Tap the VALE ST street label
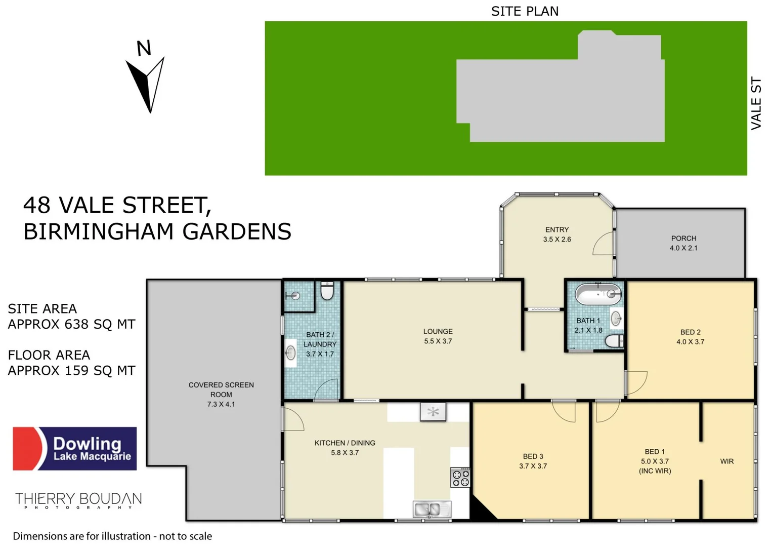click(x=756, y=103)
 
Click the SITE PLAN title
click(x=525, y=11)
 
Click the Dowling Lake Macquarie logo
click(x=75, y=449)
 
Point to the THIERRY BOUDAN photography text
click(x=78, y=500)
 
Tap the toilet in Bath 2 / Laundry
click(x=327, y=291)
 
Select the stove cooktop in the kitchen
click(x=460, y=478)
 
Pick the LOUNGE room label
click(x=438, y=331)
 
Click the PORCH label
click(x=683, y=238)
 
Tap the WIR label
click(x=726, y=461)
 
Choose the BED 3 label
click(x=533, y=456)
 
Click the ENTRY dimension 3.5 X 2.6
click(x=557, y=240)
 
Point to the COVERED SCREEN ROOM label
click(x=221, y=389)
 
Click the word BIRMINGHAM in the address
click(x=99, y=231)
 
